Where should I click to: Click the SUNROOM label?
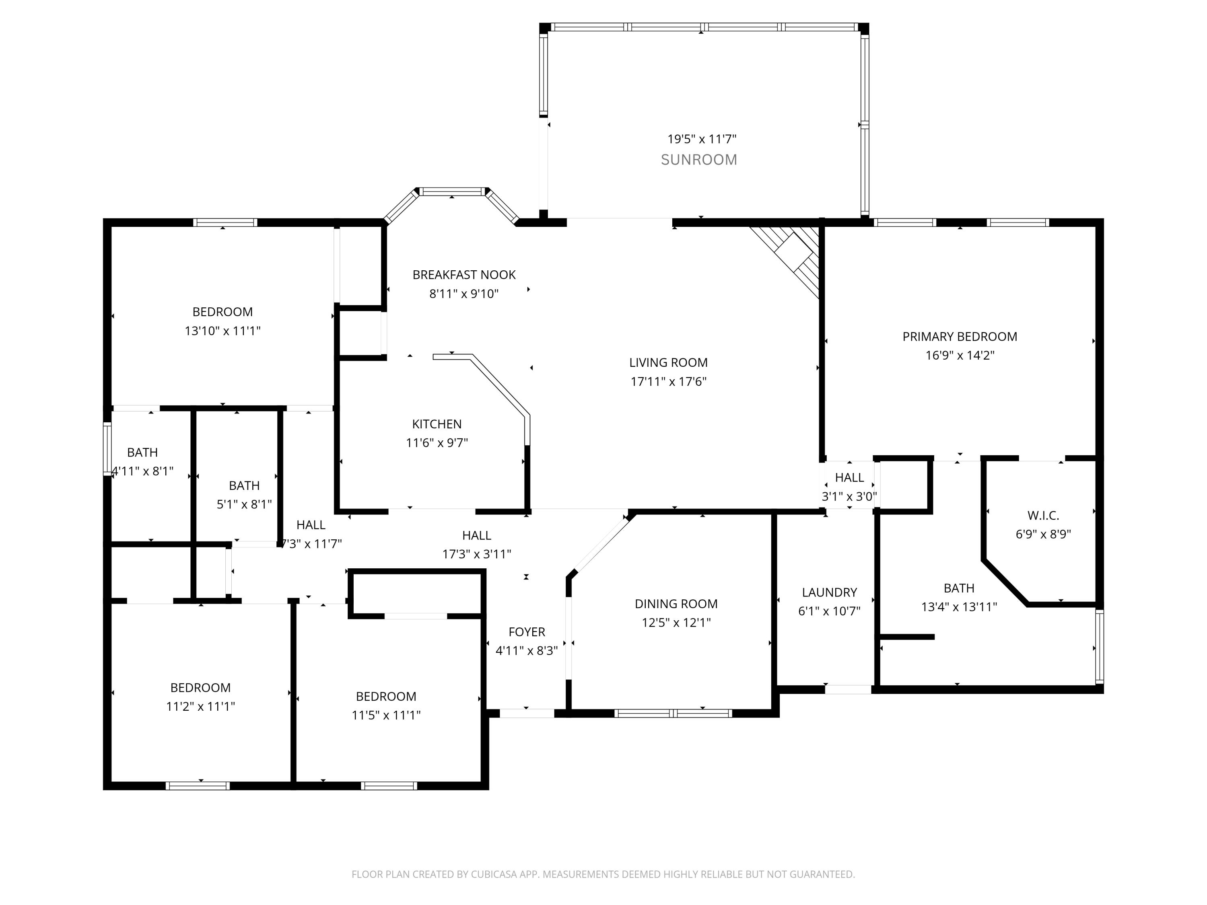tap(699, 160)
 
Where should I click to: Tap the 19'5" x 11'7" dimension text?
tap(702, 139)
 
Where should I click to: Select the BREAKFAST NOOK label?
tap(464, 275)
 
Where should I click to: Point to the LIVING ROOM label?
tap(668, 363)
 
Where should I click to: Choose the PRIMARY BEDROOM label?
tap(960, 337)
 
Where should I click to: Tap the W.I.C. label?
tap(1043, 516)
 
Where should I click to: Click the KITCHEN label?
tap(437, 424)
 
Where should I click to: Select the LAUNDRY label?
tap(829, 592)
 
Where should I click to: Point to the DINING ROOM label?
tap(676, 604)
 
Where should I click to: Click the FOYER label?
tap(527, 632)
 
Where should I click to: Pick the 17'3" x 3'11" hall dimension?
tap(476, 554)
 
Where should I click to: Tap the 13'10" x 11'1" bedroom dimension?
tap(222, 331)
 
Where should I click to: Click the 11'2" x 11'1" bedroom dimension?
tap(200, 706)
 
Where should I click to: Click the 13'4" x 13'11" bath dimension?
tap(959, 607)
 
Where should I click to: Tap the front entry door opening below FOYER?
tap(527, 713)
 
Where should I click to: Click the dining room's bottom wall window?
tap(673, 713)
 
